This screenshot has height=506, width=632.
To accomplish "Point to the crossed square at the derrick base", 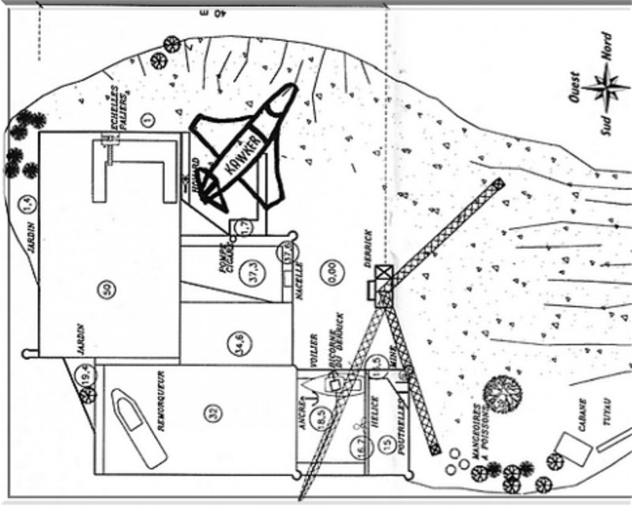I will pyautogui.click(x=384, y=274).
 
